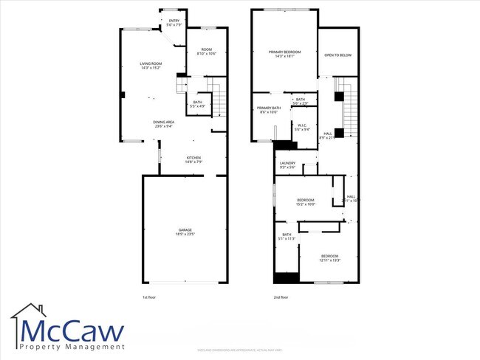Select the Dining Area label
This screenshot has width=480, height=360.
pos(163,123)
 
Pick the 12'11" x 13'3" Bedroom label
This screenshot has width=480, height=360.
pos(329,257)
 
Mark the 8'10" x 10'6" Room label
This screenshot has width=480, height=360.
pos(205,52)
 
